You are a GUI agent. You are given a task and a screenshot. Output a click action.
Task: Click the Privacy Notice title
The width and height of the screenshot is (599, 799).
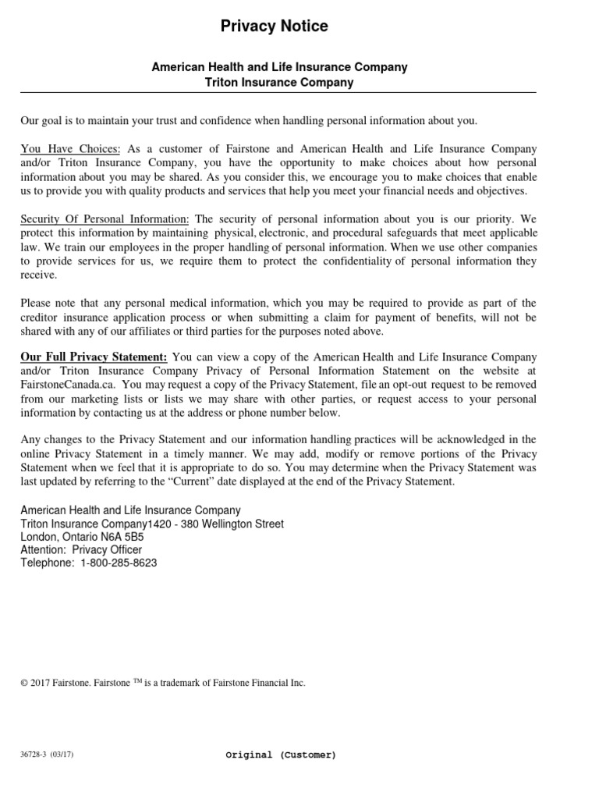(x=274, y=27)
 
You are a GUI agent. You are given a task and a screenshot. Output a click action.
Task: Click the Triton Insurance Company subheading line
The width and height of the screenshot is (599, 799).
(x=278, y=82)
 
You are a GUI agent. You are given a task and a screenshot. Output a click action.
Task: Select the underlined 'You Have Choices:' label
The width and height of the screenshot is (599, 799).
(x=70, y=149)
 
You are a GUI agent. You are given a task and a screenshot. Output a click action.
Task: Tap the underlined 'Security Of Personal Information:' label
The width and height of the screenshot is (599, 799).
(x=105, y=220)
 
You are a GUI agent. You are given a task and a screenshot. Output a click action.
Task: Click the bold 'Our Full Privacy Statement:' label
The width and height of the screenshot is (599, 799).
(x=94, y=357)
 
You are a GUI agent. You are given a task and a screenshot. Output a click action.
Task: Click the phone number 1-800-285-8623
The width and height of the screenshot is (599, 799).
(x=118, y=563)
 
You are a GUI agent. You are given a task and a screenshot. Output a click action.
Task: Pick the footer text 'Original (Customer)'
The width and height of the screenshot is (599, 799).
(x=281, y=755)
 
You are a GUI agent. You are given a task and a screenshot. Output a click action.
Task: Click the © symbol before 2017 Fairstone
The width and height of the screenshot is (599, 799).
(x=23, y=683)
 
